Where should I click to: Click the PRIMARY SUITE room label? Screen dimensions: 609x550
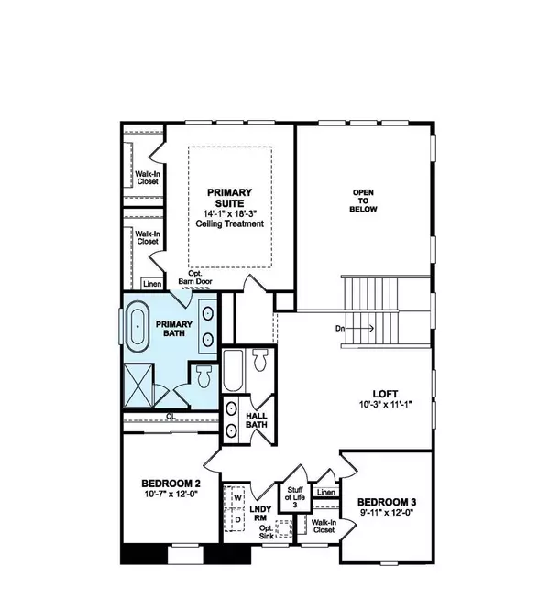pos(229,198)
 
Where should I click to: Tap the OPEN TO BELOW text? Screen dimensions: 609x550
pos(365,201)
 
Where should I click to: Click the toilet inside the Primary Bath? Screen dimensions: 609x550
pos(203,375)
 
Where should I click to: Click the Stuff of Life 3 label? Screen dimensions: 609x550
pos(296,497)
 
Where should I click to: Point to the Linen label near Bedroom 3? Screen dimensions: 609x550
pos(324,493)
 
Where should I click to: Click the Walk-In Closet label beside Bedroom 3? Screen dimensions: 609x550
pos(323,526)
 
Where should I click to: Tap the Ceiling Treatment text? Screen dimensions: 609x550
pos(229,224)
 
